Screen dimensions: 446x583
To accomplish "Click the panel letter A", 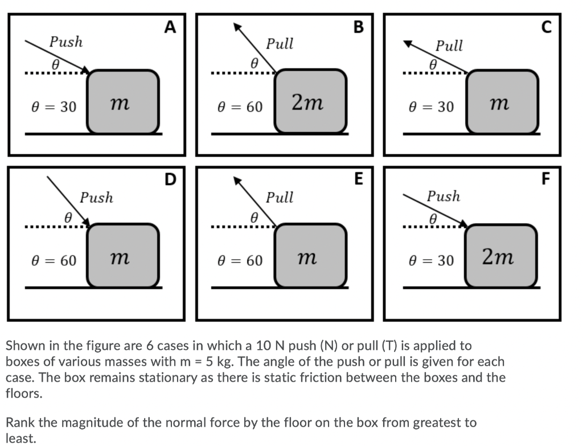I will [x=169, y=27].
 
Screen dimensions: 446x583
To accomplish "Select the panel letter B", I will [x=358, y=27].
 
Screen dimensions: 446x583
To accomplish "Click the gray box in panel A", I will [x=122, y=102].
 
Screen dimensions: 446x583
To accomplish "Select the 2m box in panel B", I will [x=310, y=102].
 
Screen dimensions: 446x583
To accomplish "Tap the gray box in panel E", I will [x=310, y=257].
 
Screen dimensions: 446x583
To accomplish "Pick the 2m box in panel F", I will [x=500, y=257].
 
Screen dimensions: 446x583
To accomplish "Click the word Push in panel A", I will [x=66, y=42].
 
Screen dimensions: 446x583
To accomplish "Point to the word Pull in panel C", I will [x=449, y=46].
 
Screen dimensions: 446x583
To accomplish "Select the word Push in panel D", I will [x=96, y=198].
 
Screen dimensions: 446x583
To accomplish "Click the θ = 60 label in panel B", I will [x=240, y=107].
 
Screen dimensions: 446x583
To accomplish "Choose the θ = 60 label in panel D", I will [x=53, y=261].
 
